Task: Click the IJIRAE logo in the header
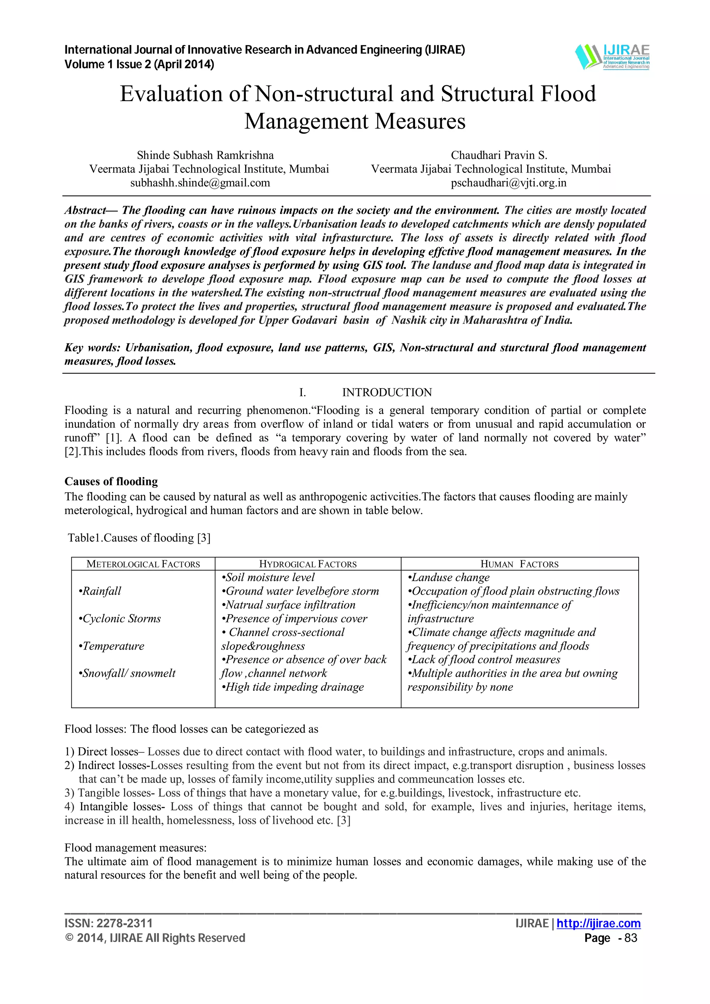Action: tap(612, 57)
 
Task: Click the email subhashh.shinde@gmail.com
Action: tap(200, 183)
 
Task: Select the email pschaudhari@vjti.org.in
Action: tap(508, 183)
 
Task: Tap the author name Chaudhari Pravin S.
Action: tap(499, 155)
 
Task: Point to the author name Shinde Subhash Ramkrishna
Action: tap(205, 155)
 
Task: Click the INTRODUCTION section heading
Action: tap(386, 392)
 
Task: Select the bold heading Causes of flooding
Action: tap(111, 482)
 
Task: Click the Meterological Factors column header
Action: tap(143, 564)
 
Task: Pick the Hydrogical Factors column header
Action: tap(308, 564)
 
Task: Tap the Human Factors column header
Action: tap(519, 564)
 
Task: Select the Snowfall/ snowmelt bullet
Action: tap(127, 673)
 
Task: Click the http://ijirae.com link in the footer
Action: tap(598, 923)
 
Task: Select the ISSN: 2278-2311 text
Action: tap(109, 923)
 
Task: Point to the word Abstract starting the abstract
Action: tap(85, 210)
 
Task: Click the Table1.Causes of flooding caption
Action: tap(139, 537)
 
